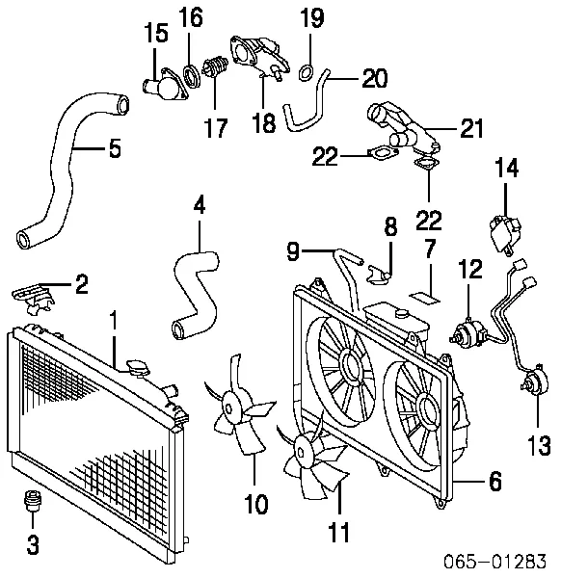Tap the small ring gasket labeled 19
click(307, 68)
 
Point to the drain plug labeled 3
click(32, 504)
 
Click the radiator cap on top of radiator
click(137, 370)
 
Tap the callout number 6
click(494, 482)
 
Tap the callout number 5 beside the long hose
click(113, 148)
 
